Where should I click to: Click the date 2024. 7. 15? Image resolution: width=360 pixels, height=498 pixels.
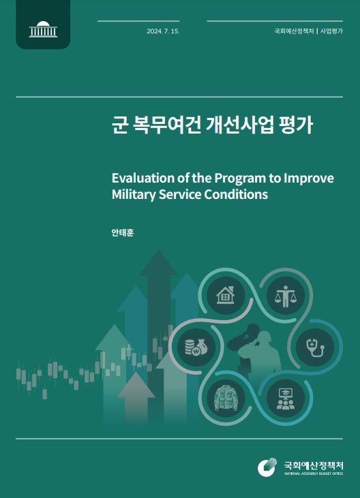[x=163, y=31]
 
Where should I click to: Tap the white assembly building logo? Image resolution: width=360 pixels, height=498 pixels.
[x=43, y=29]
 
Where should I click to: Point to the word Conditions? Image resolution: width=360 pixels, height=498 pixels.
[x=236, y=194]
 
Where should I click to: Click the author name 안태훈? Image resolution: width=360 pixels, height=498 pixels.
[x=123, y=233]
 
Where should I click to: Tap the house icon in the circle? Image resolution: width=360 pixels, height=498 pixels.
[x=226, y=295]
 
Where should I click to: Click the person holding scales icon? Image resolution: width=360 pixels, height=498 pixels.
[x=285, y=296]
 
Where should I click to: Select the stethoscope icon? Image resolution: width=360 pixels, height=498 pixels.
[x=315, y=347]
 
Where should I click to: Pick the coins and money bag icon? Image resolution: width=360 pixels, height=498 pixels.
[x=196, y=347]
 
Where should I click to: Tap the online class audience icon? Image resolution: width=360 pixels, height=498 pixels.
[x=285, y=399]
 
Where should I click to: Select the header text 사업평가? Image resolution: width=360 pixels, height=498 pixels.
[x=331, y=31]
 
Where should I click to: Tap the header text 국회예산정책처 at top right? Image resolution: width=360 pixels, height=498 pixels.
[x=294, y=31]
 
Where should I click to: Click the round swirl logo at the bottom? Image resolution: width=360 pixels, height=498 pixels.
[x=267, y=467]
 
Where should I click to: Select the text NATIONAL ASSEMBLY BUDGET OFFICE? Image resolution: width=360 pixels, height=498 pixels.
[x=314, y=473]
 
